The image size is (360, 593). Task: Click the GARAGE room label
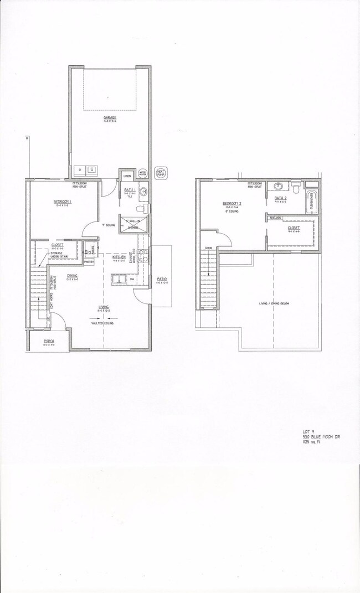[109, 118]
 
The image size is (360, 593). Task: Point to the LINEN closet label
[126, 176]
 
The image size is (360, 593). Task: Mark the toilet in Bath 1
[145, 208]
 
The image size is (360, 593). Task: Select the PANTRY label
[89, 262]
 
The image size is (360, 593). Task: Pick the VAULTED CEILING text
[104, 323]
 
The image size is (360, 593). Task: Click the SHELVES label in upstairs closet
[276, 218]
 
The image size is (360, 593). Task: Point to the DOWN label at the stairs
[209, 247]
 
